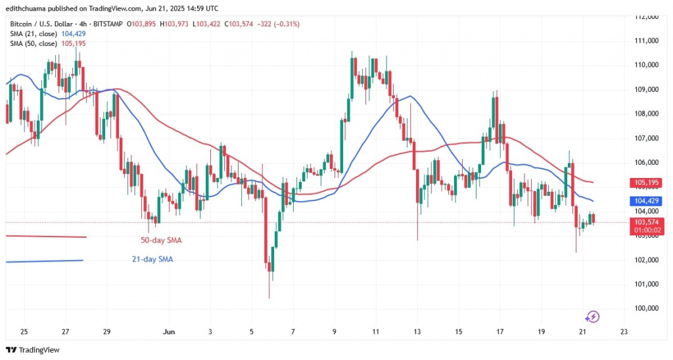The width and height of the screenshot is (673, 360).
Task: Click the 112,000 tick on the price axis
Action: click(x=648, y=16)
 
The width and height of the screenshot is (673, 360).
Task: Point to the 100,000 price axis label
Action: click(x=648, y=308)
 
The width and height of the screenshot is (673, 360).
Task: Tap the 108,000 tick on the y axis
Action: click(x=648, y=114)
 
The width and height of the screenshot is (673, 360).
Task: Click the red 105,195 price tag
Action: click(x=648, y=182)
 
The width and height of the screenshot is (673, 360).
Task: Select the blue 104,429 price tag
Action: click(x=648, y=200)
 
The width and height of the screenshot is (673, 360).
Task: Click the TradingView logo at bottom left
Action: click(x=33, y=350)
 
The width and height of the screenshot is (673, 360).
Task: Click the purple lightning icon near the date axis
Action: click(x=592, y=317)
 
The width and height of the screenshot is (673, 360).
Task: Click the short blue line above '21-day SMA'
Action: click(x=45, y=261)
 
